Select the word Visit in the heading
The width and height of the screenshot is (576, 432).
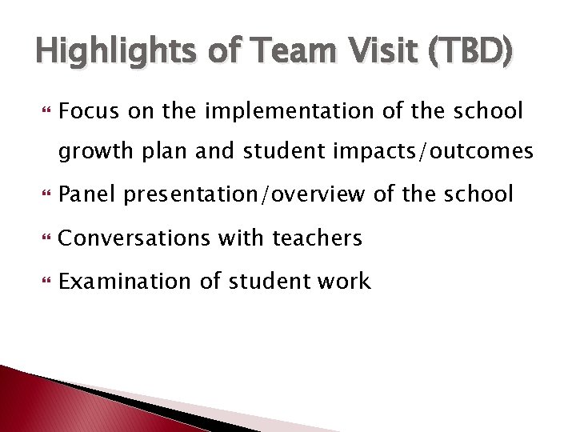click(374, 53)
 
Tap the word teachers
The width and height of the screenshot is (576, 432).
click(318, 238)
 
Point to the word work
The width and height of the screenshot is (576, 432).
click(344, 281)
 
